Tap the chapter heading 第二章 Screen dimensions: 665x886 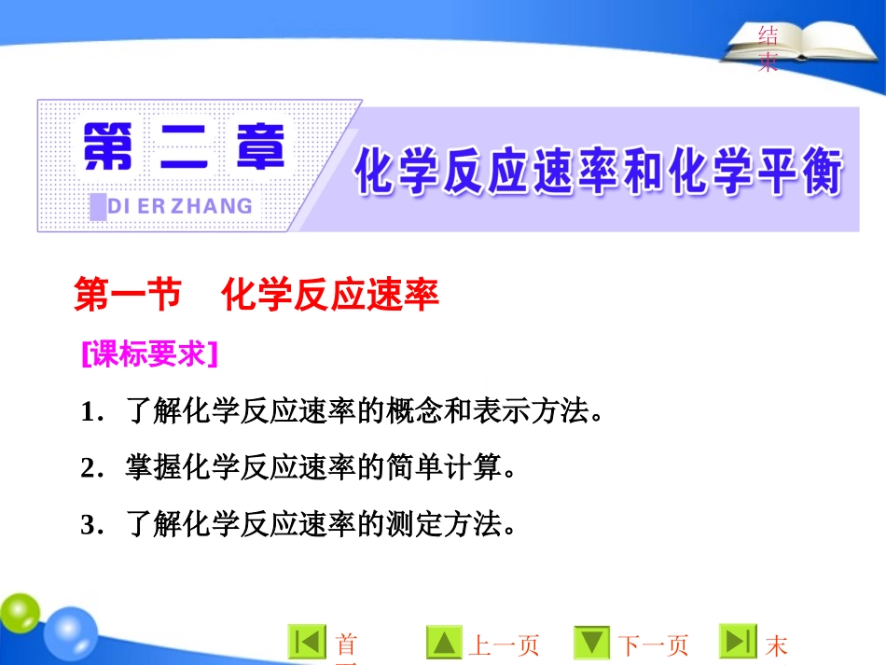pos(183,149)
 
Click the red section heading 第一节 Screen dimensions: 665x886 pos(127,296)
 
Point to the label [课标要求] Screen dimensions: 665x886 pos(149,354)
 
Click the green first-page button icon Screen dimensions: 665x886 pos(307,643)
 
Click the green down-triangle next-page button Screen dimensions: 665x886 pos(591,643)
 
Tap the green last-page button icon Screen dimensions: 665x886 pos(737,643)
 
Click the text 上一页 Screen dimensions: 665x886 pos(504,645)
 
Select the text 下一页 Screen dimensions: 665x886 pos(654,645)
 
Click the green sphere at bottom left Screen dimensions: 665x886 pos(19,616)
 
